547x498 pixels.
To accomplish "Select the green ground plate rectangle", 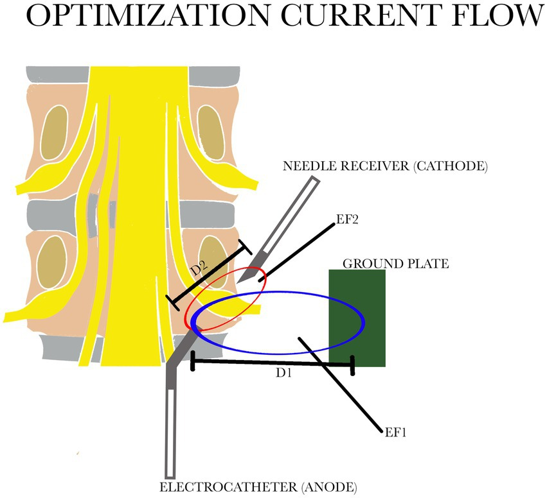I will click(357, 318).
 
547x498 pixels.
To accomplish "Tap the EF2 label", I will click(346, 219).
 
